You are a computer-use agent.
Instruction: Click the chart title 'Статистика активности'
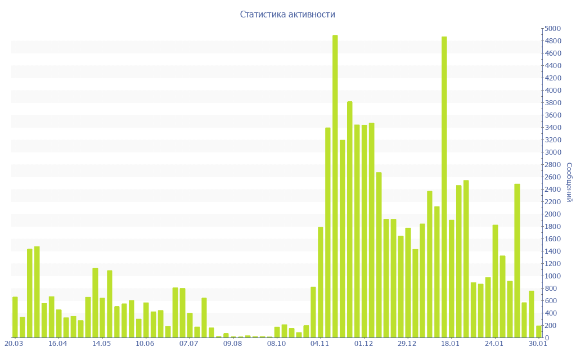287,14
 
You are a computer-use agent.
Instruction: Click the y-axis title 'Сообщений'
569,183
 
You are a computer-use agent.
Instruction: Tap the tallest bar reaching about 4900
335,186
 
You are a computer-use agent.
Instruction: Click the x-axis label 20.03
13,343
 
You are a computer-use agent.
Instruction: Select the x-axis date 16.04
57,343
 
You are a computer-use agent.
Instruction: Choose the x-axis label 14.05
101,343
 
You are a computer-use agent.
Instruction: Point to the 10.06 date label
145,343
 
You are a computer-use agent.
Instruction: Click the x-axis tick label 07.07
189,343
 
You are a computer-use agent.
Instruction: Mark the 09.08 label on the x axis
232,343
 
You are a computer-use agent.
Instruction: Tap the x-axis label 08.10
276,343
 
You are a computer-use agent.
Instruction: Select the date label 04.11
320,343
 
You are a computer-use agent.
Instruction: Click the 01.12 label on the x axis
363,343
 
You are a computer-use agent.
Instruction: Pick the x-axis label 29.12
407,343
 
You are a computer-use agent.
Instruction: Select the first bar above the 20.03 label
15,317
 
